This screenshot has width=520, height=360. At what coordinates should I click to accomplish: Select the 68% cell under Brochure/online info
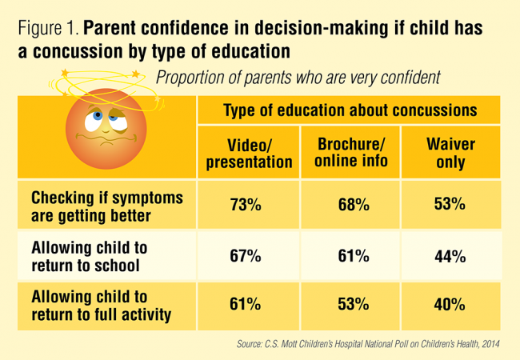[352, 205]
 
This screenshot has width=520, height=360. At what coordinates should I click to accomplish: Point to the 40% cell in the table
[449, 305]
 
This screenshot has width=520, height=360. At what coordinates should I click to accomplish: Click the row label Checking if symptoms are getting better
[106, 205]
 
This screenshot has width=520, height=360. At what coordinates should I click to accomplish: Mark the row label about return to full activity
[100, 305]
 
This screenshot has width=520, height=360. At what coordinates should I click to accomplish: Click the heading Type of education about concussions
[349, 110]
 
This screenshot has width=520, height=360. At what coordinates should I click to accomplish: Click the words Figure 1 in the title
[46, 29]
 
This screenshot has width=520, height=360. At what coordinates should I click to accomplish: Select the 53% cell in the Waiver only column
[449, 205]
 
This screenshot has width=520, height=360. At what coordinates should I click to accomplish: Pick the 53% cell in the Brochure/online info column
[352, 305]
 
